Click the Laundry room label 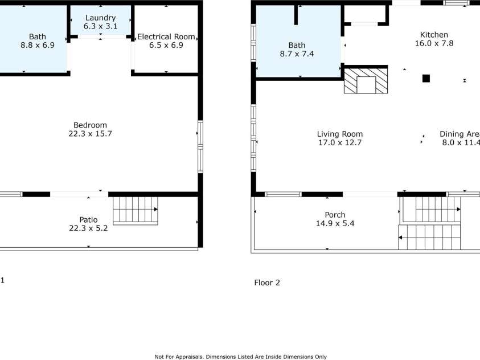pyautogui.click(x=100, y=18)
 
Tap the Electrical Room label pyautogui.click(x=166, y=36)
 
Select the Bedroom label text pyautogui.click(x=90, y=125)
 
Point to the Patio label pyautogui.click(x=88, y=219)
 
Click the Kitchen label pyautogui.click(x=433, y=35)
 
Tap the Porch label pyautogui.click(x=335, y=215)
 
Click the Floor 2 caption pyautogui.click(x=266, y=283)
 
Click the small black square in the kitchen pyautogui.click(x=426, y=79)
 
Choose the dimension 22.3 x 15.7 pyautogui.click(x=90, y=134)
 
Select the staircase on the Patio pyautogui.click(x=135, y=210)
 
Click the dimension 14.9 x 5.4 pyautogui.click(x=335, y=223)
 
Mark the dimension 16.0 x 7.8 pyautogui.click(x=433, y=43)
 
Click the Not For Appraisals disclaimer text pyautogui.click(x=240, y=357)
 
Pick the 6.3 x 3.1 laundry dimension pyautogui.click(x=100, y=26)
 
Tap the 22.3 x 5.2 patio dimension pyautogui.click(x=88, y=228)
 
